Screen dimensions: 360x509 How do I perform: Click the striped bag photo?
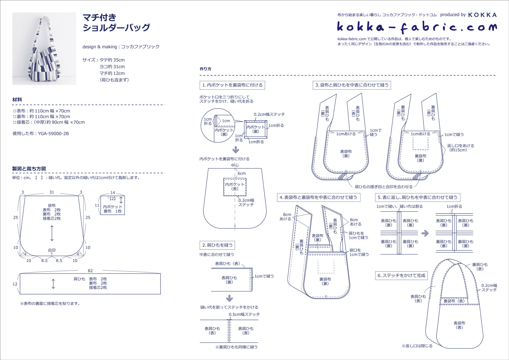[x=44, y=49]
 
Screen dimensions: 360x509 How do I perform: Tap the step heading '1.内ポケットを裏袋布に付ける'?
[x=232, y=85]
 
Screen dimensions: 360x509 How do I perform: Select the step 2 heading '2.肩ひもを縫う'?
[x=217, y=245]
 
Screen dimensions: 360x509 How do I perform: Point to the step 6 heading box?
[x=401, y=276]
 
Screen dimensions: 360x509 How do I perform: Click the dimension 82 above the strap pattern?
[x=90, y=271]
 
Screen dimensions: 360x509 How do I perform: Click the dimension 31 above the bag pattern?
[x=52, y=192]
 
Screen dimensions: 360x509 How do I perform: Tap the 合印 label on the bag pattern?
[x=52, y=250]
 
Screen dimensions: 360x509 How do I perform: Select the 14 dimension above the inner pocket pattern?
[x=113, y=193]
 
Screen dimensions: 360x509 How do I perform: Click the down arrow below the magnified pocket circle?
[x=236, y=149]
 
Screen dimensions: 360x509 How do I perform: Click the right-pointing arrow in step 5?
[x=425, y=233]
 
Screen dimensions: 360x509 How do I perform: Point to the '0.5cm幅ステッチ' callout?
[x=244, y=314]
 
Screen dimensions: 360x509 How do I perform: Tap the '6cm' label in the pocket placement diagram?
[x=242, y=173]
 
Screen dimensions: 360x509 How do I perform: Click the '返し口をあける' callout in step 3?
[x=460, y=146]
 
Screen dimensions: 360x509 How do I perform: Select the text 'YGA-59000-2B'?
[x=53, y=134]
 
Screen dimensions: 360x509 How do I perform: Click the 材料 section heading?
[x=17, y=100]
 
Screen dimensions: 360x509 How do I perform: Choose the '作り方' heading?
[x=205, y=69]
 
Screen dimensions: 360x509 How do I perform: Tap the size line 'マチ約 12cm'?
[x=112, y=73]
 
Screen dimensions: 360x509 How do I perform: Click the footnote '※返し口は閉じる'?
[x=417, y=346]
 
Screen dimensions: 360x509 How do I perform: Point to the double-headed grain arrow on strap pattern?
[x=53, y=284]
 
